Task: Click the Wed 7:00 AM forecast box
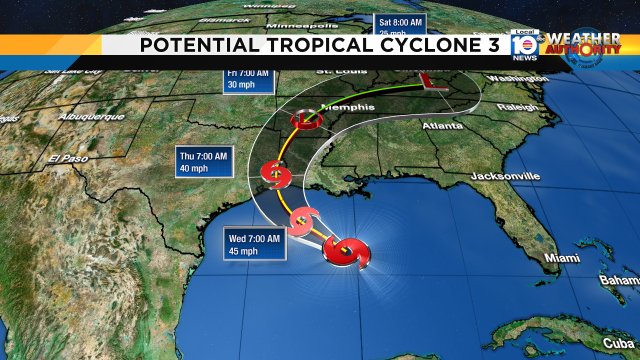[253, 245]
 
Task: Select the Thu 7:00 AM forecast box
[203, 162]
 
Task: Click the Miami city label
[563, 259]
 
